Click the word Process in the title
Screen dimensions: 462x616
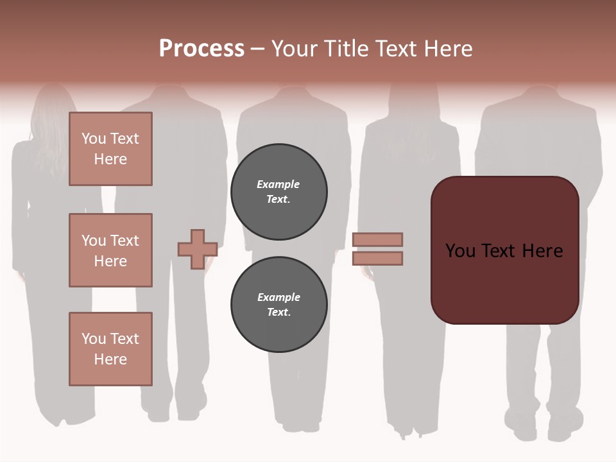coord(201,49)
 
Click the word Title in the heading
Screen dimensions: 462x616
coord(343,49)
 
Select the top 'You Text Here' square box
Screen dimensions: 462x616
coord(110,149)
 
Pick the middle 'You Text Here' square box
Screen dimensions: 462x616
coord(110,250)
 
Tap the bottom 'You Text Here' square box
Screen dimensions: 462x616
coord(110,349)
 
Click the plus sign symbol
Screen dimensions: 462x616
coord(197,249)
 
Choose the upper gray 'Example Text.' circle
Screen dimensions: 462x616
coord(279,192)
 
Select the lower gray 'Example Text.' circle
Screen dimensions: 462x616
coord(279,305)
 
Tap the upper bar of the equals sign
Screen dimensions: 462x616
coord(377,239)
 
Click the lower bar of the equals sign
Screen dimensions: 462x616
coord(377,258)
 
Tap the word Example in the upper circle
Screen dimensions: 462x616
coord(278,184)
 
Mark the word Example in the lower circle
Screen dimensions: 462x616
coord(278,297)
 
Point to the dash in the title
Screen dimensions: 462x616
coord(257,49)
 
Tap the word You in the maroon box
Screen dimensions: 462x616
coord(459,251)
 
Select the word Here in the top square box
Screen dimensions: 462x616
coord(110,159)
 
